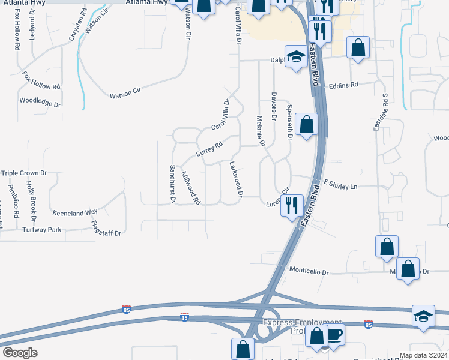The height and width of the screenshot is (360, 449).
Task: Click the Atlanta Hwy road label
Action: pyautogui.click(x=146, y=3)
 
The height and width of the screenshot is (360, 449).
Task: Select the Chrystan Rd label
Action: pyautogui.click(x=74, y=28)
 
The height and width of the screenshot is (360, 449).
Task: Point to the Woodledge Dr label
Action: pyautogui.click(x=40, y=102)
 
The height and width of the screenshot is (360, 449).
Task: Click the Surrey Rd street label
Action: pyautogui.click(x=210, y=149)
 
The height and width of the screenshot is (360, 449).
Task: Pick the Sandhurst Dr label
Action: pyautogui.click(x=172, y=184)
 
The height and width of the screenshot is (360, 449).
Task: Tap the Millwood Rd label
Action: pyautogui.click(x=190, y=188)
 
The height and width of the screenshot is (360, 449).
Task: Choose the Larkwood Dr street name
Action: pyautogui.click(x=236, y=179)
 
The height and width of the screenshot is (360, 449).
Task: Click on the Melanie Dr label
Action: pyautogui.click(x=261, y=131)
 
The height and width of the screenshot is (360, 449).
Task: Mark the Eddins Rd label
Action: pyautogui.click(x=343, y=85)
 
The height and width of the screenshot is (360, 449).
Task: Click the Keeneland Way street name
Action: pyautogui.click(x=75, y=212)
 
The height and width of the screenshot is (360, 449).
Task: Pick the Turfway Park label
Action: pyautogui.click(x=42, y=230)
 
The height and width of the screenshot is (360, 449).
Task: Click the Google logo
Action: pyautogui.click(x=20, y=352)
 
